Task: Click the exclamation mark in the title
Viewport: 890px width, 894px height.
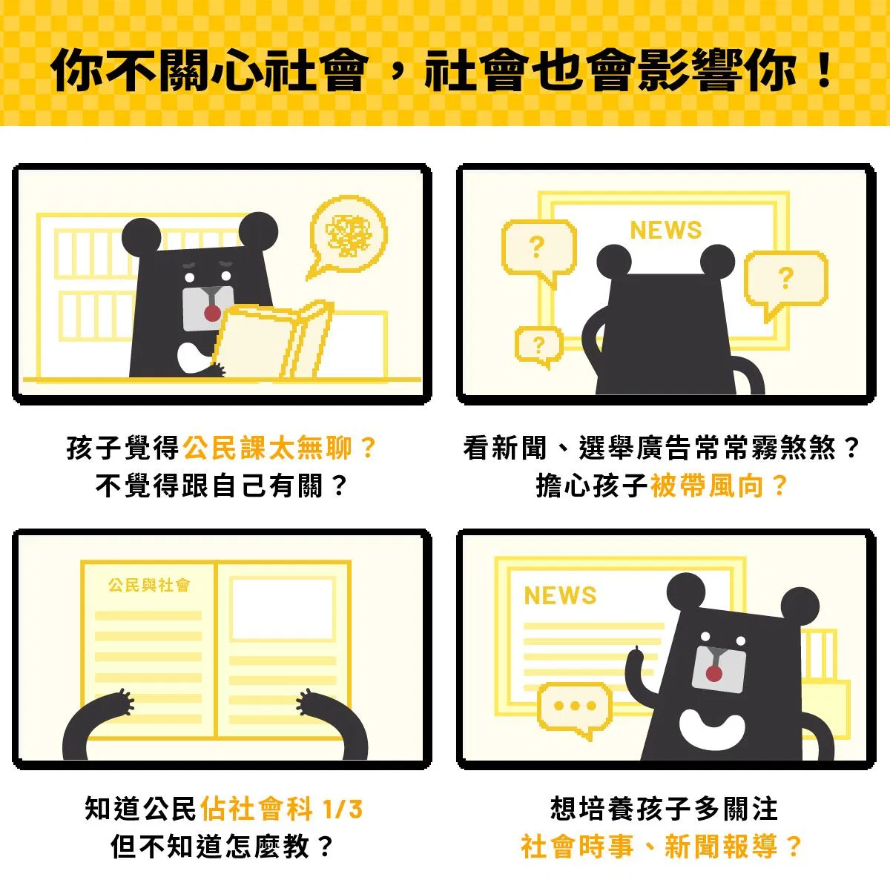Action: (x=825, y=70)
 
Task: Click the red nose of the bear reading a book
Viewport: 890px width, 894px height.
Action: (x=212, y=313)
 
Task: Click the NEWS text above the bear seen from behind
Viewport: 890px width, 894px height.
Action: (x=666, y=230)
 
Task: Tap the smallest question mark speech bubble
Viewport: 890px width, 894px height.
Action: (x=539, y=345)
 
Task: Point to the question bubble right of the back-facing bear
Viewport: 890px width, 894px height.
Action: (x=785, y=283)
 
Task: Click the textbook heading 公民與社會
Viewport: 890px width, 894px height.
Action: (x=149, y=585)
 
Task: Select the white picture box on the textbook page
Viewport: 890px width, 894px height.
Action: (x=283, y=608)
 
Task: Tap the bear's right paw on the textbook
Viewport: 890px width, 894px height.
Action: (x=307, y=701)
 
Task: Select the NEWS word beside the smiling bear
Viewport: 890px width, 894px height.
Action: (x=560, y=596)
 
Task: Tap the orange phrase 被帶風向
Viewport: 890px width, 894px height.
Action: (x=707, y=486)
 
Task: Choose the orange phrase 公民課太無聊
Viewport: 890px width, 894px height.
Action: (x=268, y=448)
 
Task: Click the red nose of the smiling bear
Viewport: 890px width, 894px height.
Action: (x=714, y=674)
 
